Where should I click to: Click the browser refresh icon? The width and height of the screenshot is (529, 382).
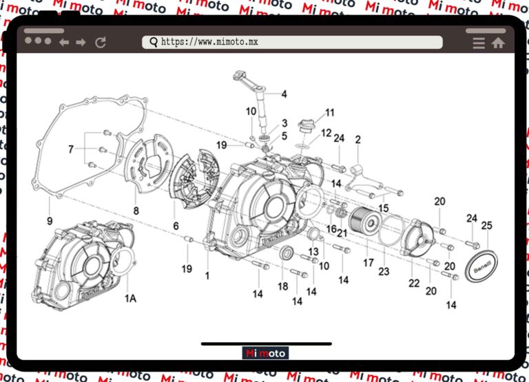click(101, 42)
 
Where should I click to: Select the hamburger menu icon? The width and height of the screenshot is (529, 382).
click(479, 43)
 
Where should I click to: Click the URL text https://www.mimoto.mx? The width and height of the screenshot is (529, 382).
click(209, 42)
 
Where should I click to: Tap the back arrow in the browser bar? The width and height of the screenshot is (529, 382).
click(64, 43)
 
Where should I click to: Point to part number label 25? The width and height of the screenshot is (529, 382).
click(486, 225)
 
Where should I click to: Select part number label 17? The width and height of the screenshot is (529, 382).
click(369, 262)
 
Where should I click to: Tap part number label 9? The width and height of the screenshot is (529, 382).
click(50, 222)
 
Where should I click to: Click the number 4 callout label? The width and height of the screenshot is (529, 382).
click(284, 94)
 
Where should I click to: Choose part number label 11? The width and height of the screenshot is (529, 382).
click(330, 112)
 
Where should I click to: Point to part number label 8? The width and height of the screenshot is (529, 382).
click(136, 211)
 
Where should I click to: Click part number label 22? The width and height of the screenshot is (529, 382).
click(414, 284)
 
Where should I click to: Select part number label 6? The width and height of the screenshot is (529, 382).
click(176, 226)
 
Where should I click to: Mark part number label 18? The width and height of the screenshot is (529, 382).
click(282, 286)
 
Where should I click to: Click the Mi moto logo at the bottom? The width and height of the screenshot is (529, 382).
click(265, 353)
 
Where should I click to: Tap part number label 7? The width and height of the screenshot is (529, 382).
click(70, 149)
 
